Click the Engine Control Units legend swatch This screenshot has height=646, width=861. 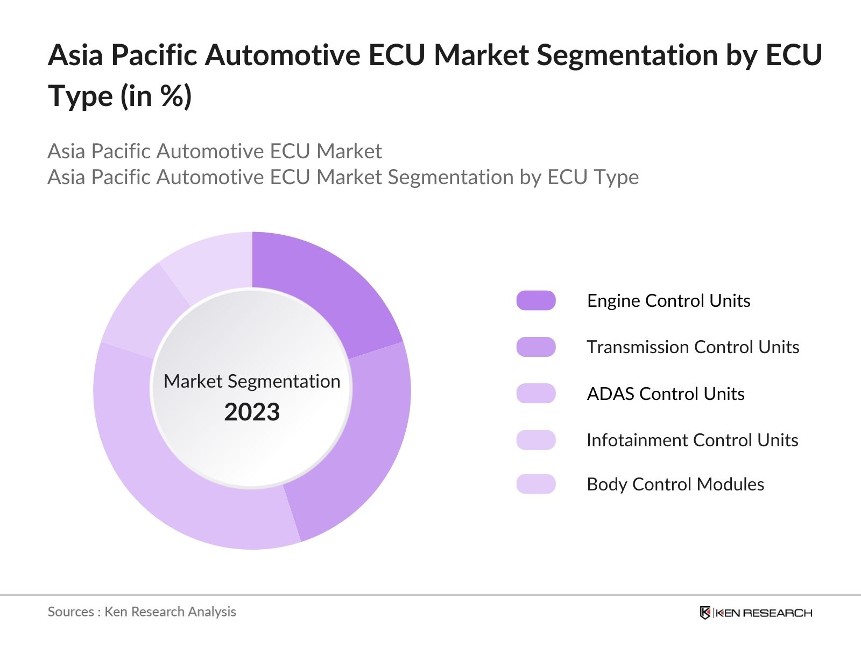click(535, 300)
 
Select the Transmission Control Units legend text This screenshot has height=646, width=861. click(693, 347)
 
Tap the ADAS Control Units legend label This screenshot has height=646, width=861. click(665, 394)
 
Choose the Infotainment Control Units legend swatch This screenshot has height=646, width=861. click(535, 440)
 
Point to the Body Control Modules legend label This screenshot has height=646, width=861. click(675, 484)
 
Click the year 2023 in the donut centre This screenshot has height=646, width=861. click(252, 412)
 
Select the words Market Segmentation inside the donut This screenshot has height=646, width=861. click(252, 381)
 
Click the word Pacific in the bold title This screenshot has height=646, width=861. click(154, 55)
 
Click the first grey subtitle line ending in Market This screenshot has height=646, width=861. click(214, 151)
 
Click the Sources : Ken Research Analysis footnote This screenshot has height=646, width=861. click(142, 612)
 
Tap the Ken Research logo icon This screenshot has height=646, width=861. click(705, 613)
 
